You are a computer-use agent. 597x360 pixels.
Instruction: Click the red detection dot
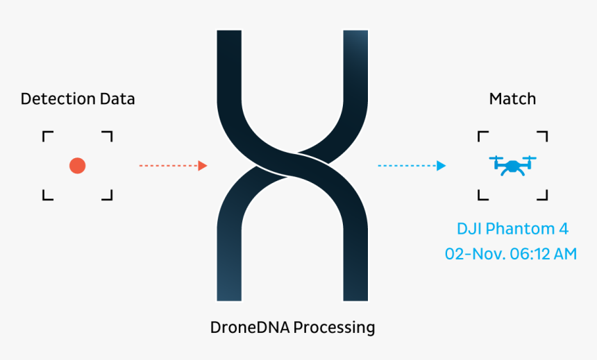click(77, 166)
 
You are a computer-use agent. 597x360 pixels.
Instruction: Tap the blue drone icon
click(512, 166)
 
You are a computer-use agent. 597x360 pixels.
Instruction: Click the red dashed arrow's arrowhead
click(203, 166)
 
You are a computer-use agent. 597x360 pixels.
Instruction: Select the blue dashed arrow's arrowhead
click(442, 166)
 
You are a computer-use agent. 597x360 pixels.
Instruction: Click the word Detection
click(58, 99)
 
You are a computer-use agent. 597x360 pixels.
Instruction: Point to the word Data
click(117, 99)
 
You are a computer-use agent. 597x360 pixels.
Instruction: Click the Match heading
click(512, 99)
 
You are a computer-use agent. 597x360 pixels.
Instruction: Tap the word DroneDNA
click(250, 327)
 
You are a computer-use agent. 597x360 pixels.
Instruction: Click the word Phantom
click(520, 229)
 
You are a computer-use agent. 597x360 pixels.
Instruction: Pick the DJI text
click(469, 229)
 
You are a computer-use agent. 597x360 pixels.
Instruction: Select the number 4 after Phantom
click(564, 229)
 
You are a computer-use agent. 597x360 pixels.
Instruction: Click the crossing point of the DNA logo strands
click(292, 166)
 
